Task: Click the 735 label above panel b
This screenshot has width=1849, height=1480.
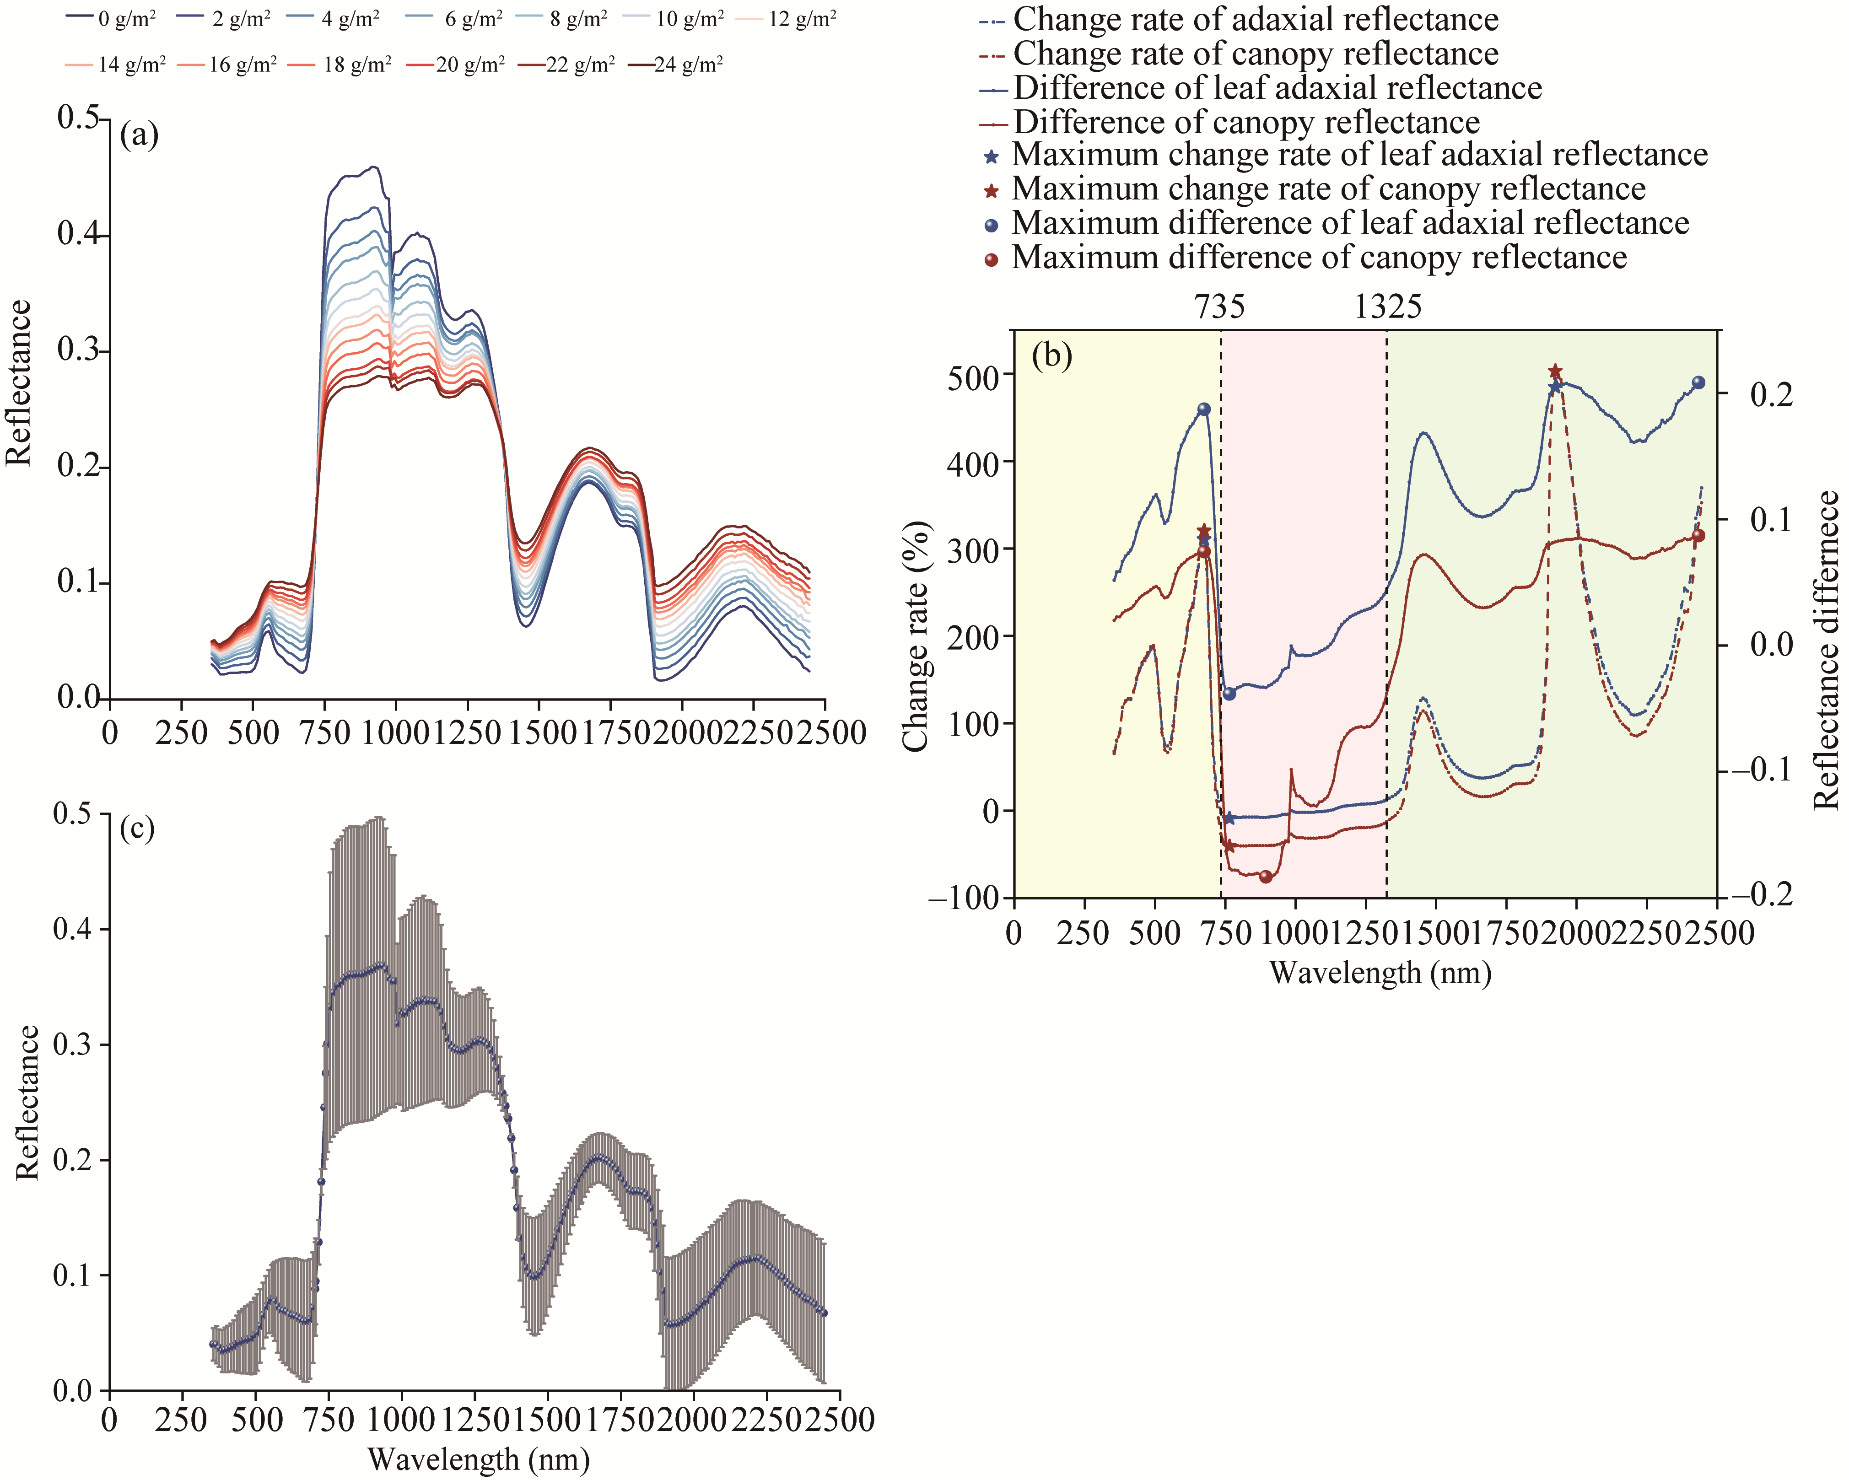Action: point(1219,306)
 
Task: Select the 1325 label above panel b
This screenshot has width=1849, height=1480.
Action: point(1388,306)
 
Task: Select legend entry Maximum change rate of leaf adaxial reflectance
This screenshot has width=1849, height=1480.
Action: point(1359,155)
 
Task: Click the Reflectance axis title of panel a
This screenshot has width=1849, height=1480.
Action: point(19,382)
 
